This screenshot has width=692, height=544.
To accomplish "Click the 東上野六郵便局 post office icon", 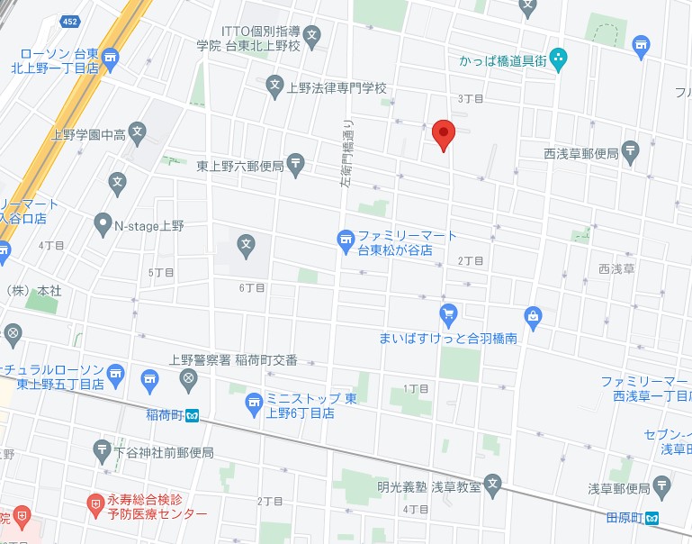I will (x=297, y=164).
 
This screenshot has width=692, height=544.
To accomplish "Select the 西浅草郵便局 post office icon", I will (x=631, y=151).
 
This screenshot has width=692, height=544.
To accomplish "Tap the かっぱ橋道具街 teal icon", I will (x=559, y=61).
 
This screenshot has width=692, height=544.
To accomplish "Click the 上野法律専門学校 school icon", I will (x=275, y=87).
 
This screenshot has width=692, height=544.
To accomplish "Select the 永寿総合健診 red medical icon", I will (x=94, y=502).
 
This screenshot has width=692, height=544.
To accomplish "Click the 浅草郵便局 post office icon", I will (x=662, y=488).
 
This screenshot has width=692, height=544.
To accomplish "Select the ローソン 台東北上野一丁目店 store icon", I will (x=111, y=59).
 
